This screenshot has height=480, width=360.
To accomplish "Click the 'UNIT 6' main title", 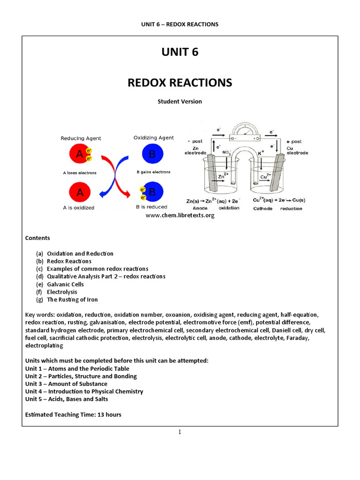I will point(180,52).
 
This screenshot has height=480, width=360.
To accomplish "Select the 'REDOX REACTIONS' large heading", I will point(180,82).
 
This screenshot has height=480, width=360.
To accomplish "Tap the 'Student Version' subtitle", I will point(180,101).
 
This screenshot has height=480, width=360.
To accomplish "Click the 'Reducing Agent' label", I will point(81,138).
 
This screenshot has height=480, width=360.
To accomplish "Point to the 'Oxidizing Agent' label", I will point(153,138).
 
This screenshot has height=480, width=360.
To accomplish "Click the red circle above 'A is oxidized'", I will point(80,192).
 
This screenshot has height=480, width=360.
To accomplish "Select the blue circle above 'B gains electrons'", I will point(152,154).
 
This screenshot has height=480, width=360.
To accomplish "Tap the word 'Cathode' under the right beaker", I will point(262,208).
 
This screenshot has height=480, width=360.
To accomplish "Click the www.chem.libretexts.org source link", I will point(180,216).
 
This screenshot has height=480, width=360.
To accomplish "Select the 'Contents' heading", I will point(37,238).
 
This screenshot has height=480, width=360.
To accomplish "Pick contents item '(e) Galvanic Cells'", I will point(60,284).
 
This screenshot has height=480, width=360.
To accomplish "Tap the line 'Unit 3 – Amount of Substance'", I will point(66,384).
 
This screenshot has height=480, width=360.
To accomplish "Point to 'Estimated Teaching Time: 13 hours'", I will point(73,414).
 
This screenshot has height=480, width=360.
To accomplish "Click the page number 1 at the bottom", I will point(180,432).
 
